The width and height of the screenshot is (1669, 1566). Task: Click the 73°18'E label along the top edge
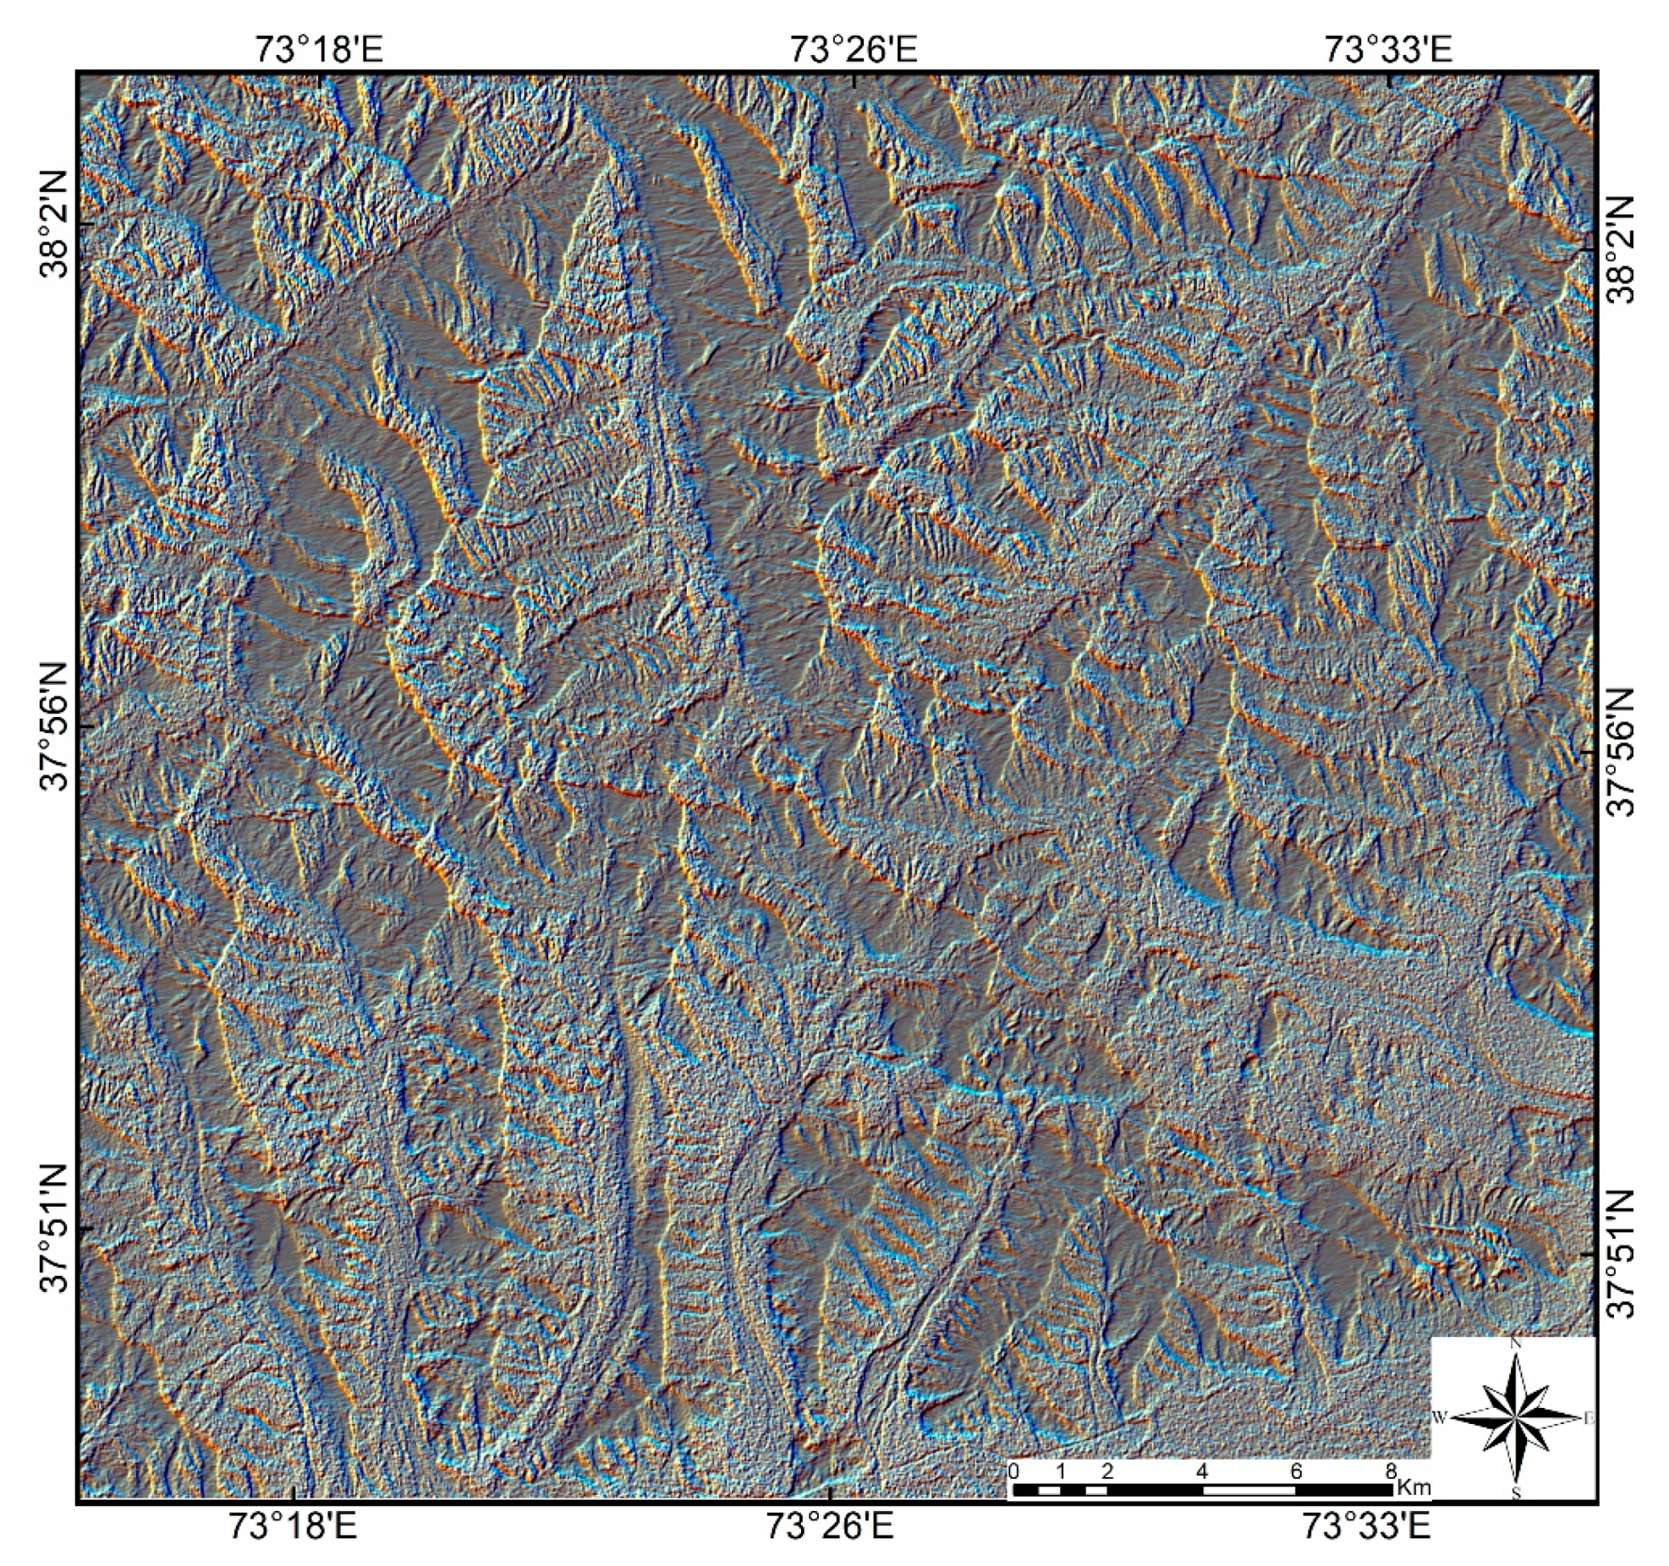click(319, 49)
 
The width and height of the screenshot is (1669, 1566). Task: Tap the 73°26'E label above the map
click(854, 49)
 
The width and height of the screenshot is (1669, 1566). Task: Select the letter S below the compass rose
click(1516, 1494)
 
